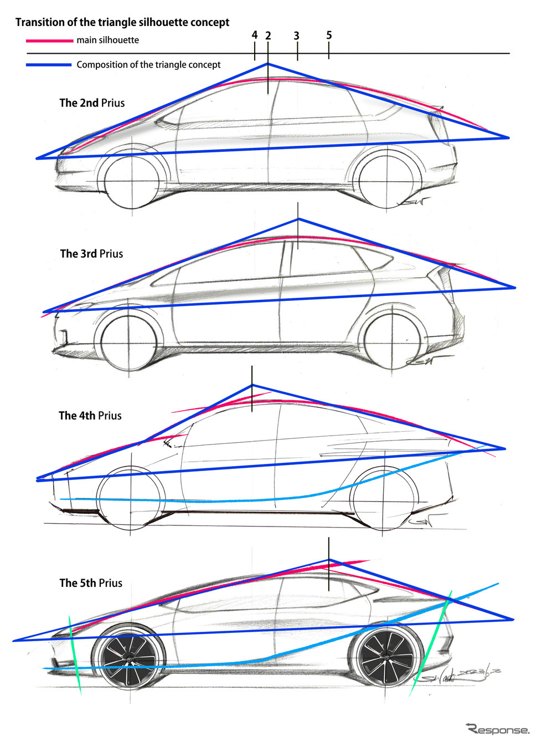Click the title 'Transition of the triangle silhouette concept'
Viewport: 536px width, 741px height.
(x=122, y=22)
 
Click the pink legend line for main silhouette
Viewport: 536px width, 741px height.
(x=49, y=40)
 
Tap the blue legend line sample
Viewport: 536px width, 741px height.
(x=49, y=65)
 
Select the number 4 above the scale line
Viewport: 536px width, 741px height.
(x=255, y=35)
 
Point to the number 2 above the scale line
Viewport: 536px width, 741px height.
(x=268, y=35)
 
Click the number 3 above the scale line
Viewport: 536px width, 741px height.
(x=297, y=35)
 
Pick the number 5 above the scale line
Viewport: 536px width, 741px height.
(x=329, y=35)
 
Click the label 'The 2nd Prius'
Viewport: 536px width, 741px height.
(x=92, y=103)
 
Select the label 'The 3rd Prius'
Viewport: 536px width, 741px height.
(x=91, y=254)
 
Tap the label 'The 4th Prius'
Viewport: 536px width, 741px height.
(x=90, y=416)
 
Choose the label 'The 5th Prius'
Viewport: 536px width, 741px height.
(x=91, y=583)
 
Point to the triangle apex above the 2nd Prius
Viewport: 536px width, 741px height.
(x=268, y=64)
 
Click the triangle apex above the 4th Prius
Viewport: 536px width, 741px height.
(x=252, y=385)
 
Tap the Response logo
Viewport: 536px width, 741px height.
(x=497, y=729)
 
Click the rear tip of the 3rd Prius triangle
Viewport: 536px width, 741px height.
(x=514, y=288)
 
